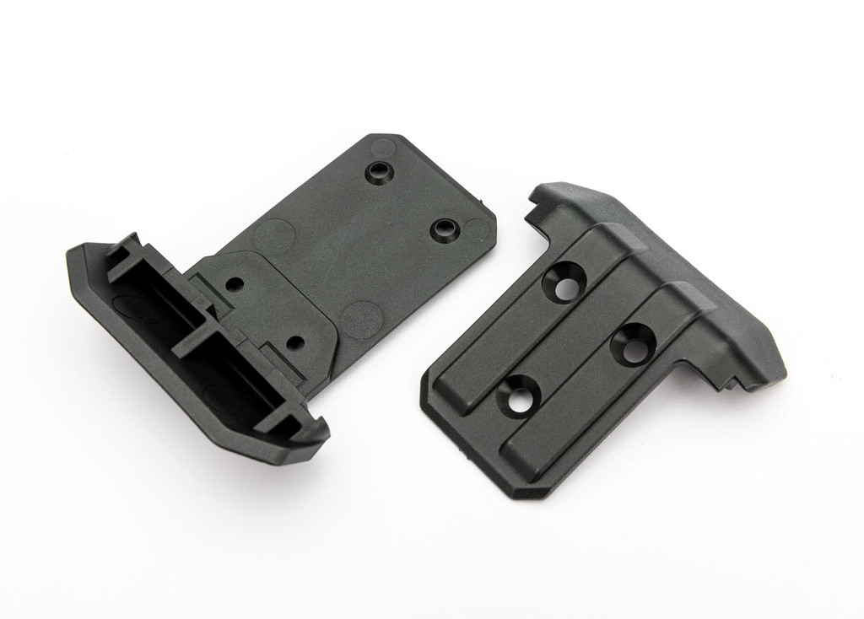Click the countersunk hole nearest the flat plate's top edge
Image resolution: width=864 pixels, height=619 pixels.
pos(376,173)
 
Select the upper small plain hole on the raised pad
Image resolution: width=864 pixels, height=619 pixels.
pos(235,284)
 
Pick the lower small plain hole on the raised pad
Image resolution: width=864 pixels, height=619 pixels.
pos(294,343)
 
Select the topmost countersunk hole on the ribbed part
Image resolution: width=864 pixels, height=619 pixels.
pos(566,284)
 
